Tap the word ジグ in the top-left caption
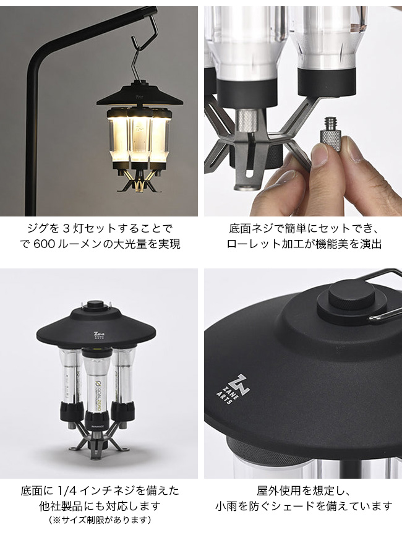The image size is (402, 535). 39,228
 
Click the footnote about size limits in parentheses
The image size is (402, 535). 100,520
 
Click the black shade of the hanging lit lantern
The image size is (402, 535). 134,95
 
